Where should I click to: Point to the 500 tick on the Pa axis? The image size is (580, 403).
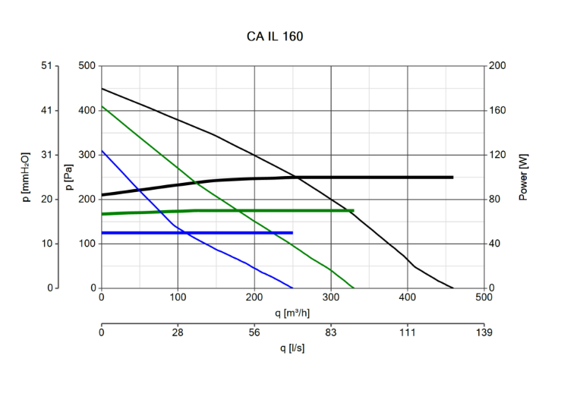[x=87, y=66]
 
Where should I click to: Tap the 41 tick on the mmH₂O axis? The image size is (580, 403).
[x=47, y=111]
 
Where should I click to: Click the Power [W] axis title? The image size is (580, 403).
[x=524, y=177]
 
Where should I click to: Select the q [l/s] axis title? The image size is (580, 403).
[x=292, y=348]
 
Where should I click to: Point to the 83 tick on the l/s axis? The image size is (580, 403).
[x=331, y=332]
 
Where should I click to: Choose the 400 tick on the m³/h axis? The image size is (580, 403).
[x=408, y=297]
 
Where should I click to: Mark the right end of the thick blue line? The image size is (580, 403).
[x=292, y=233]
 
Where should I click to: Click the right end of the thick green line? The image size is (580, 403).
[x=353, y=210]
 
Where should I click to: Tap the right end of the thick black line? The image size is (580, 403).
[x=452, y=178]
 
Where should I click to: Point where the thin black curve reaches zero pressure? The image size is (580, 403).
[x=453, y=288]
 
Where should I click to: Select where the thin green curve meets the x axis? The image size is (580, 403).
[x=354, y=288]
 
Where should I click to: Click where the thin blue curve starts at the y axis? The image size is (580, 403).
[x=102, y=150]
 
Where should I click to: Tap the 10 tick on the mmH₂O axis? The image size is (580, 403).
[x=47, y=244]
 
